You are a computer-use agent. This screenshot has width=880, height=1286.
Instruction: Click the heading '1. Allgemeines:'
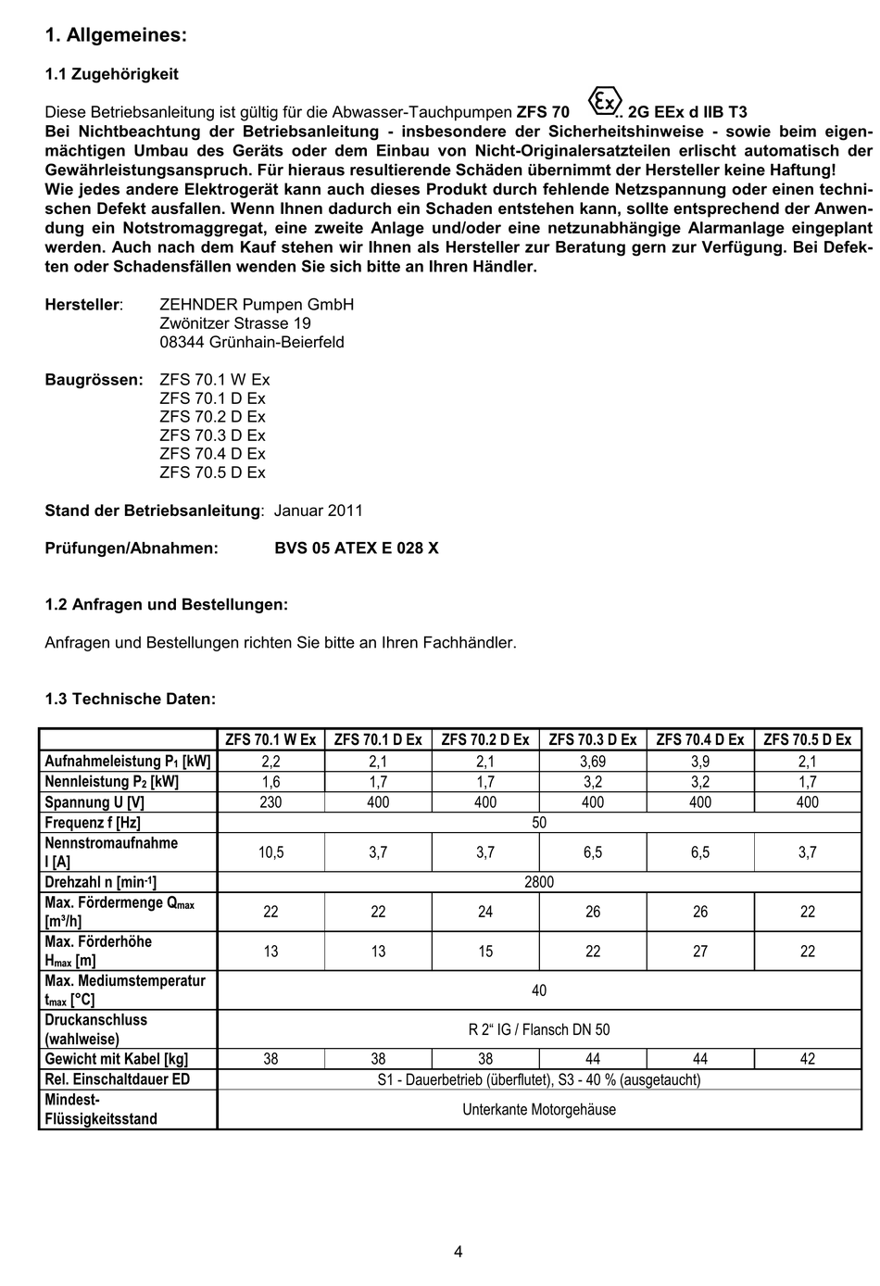(x=116, y=35)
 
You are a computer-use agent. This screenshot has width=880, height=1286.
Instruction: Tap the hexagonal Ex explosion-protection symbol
(x=603, y=101)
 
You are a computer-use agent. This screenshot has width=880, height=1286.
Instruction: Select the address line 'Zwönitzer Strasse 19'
(x=235, y=323)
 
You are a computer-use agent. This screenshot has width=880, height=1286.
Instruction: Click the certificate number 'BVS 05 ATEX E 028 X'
(x=357, y=548)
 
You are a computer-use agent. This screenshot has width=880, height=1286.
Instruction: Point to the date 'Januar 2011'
(x=319, y=511)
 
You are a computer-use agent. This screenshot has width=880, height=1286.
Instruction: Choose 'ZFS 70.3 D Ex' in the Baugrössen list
(x=212, y=435)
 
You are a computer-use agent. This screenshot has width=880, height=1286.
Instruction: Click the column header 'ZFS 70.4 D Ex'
(x=700, y=739)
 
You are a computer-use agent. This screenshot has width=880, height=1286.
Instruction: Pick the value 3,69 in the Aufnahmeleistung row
(x=593, y=762)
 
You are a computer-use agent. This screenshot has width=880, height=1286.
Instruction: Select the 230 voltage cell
(x=270, y=802)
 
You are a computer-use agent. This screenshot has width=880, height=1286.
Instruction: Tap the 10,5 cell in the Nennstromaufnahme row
(x=270, y=852)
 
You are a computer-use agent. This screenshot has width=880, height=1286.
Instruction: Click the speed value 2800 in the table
(x=539, y=882)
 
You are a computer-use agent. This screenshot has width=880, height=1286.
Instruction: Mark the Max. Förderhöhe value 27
(x=700, y=952)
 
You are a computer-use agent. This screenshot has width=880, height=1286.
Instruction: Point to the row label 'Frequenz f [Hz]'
(x=93, y=823)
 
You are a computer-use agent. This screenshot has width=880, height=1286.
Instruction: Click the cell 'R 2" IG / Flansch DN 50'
(x=539, y=1029)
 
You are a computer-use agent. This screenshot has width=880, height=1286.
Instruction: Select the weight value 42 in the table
(x=808, y=1059)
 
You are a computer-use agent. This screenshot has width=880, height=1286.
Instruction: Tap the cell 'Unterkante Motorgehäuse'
(x=539, y=1109)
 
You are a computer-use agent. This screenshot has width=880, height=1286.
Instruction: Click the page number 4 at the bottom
(x=459, y=1253)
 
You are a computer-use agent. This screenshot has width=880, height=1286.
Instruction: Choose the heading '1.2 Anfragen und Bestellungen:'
(x=167, y=605)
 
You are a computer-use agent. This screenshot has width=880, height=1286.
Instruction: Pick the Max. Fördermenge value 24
(x=485, y=912)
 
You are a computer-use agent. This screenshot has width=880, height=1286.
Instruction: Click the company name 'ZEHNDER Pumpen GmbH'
(x=257, y=305)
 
